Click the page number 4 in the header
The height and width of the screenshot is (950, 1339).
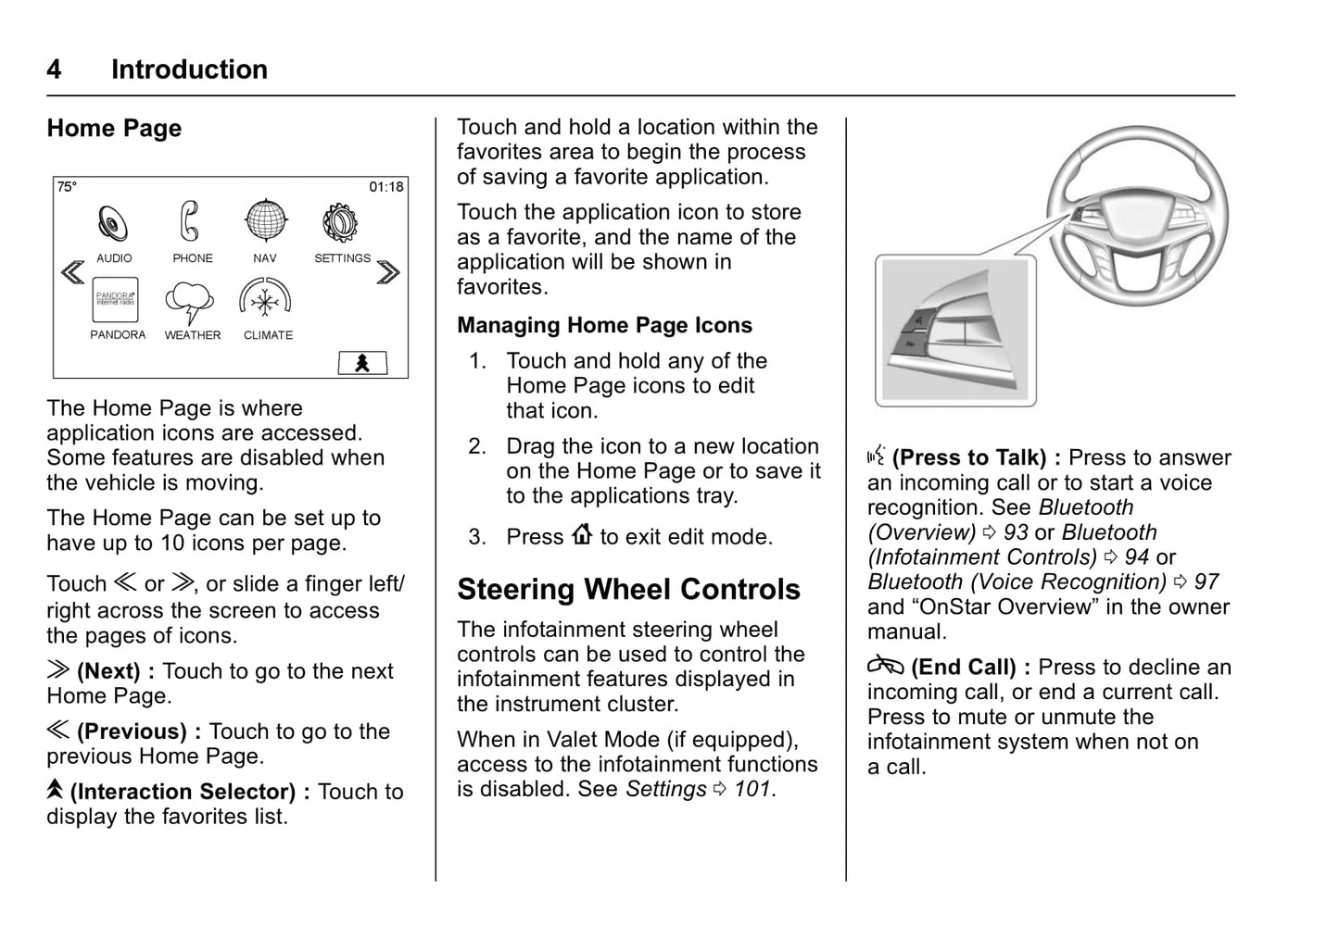tap(55, 69)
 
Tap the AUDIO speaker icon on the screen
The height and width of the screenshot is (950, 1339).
tap(114, 223)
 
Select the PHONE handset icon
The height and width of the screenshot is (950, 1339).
tap(190, 222)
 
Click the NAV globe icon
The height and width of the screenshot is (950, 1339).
tap(266, 222)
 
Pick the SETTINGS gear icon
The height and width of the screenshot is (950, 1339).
tap(340, 222)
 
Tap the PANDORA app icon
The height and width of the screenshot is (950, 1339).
tap(116, 300)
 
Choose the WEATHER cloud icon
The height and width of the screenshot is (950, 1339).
tap(190, 302)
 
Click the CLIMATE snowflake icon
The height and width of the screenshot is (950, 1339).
tap(266, 301)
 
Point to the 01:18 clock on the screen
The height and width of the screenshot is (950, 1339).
tap(386, 187)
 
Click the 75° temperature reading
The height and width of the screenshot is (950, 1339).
tap(68, 187)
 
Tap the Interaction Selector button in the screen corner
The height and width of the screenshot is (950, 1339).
tap(362, 363)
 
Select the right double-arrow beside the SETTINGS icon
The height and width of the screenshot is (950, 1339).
tap(389, 271)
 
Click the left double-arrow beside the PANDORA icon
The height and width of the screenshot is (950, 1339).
tap(72, 271)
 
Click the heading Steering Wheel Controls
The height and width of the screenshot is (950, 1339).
tap(628, 590)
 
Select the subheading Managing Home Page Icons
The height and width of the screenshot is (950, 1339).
tap(604, 326)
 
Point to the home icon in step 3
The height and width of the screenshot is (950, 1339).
tap(582, 535)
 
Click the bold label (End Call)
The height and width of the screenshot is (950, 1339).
tap(964, 668)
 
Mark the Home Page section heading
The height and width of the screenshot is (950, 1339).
tap(114, 129)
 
